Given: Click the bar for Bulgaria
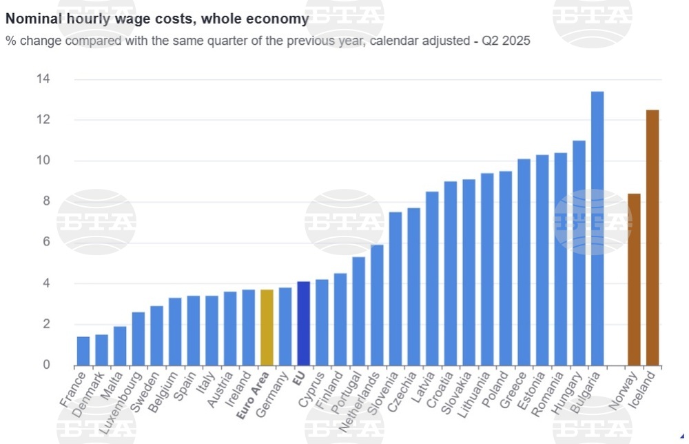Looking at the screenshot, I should [x=597, y=228].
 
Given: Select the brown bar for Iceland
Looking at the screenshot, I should [x=652, y=238].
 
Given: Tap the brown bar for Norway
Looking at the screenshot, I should [x=634, y=279].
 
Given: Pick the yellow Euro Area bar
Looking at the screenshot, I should [x=267, y=327].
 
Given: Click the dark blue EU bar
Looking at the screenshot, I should [x=303, y=323].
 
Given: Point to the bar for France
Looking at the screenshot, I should [x=83, y=351].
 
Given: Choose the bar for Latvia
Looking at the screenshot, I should [x=432, y=279].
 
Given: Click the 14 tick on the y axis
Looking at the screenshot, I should [x=43, y=79].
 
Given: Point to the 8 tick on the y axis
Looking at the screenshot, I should [x=46, y=201].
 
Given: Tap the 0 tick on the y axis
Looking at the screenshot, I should [x=46, y=365].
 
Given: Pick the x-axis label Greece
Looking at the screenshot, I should [x=515, y=389].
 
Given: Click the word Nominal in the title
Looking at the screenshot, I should [x=32, y=19].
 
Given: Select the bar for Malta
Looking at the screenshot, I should [x=120, y=345].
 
